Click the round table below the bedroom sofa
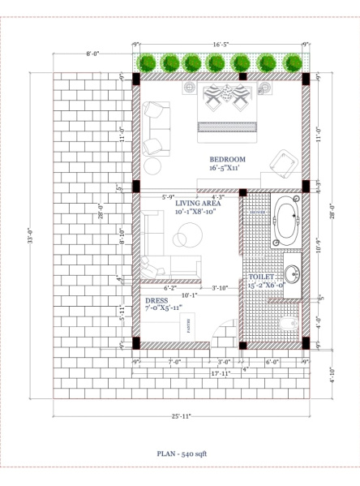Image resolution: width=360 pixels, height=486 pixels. coord(153,166)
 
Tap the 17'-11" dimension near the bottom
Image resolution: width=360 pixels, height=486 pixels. coord(221,373)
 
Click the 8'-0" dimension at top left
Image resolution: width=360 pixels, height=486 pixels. coord(92,54)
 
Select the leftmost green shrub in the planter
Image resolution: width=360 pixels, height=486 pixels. coord(148,62)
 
